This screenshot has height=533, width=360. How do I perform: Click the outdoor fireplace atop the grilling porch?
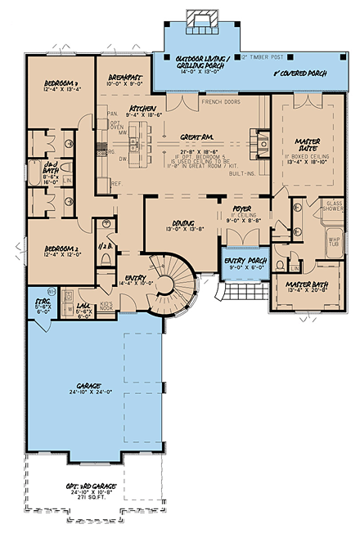[200, 18]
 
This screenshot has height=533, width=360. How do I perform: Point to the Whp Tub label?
[334, 243]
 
